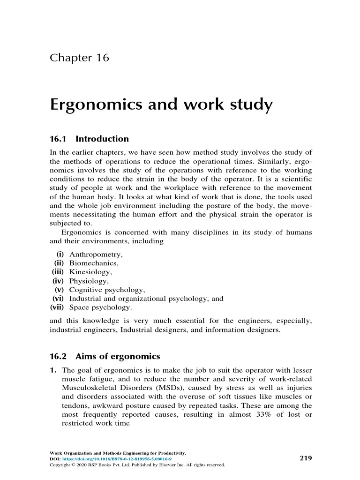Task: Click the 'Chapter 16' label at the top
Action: tap(79, 58)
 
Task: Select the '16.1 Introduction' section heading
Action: tap(89, 139)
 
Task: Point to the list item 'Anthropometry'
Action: tap(96, 255)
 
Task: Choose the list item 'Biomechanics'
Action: tap(94, 263)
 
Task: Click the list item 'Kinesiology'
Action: tap(91, 272)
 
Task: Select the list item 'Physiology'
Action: tap(89, 281)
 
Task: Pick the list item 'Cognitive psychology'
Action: tap(107, 290)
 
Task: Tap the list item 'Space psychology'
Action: tap(100, 308)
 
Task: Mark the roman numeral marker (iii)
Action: tap(58, 272)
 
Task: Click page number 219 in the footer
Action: tap(306, 458)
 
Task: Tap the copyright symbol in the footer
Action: tap(71, 465)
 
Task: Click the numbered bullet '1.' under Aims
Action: tap(53, 370)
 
